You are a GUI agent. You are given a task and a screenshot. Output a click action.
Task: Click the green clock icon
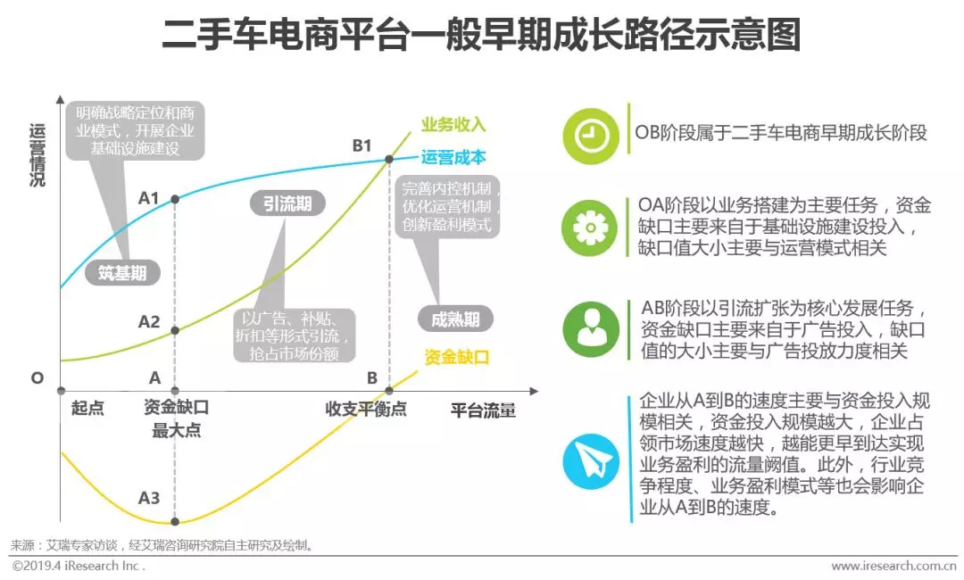tap(590, 135)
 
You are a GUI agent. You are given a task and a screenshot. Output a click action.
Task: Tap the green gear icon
tap(590, 228)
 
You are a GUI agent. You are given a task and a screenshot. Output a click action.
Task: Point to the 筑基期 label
tap(123, 273)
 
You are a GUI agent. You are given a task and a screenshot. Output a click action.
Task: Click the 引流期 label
tap(287, 203)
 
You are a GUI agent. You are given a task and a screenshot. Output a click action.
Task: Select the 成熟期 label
tap(455, 319)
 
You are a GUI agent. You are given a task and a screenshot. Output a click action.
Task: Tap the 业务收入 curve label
tap(453, 124)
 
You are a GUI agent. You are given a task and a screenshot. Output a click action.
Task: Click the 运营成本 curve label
tap(453, 158)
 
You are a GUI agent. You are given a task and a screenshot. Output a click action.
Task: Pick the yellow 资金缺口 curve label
tap(457, 357)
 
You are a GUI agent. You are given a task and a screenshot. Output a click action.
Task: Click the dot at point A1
tap(174, 199)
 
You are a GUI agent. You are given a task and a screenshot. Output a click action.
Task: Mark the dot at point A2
tap(174, 330)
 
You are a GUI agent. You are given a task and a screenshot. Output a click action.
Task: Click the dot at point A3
tap(174, 521)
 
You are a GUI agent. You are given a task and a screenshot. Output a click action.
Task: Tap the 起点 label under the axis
tap(87, 409)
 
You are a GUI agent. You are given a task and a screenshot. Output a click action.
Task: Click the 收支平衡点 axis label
tap(366, 409)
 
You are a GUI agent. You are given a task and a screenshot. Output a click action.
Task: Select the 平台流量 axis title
tap(482, 410)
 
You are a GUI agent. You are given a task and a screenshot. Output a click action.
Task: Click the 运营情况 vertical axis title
tap(37, 154)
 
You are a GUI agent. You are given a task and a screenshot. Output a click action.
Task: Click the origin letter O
tap(37, 377)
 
